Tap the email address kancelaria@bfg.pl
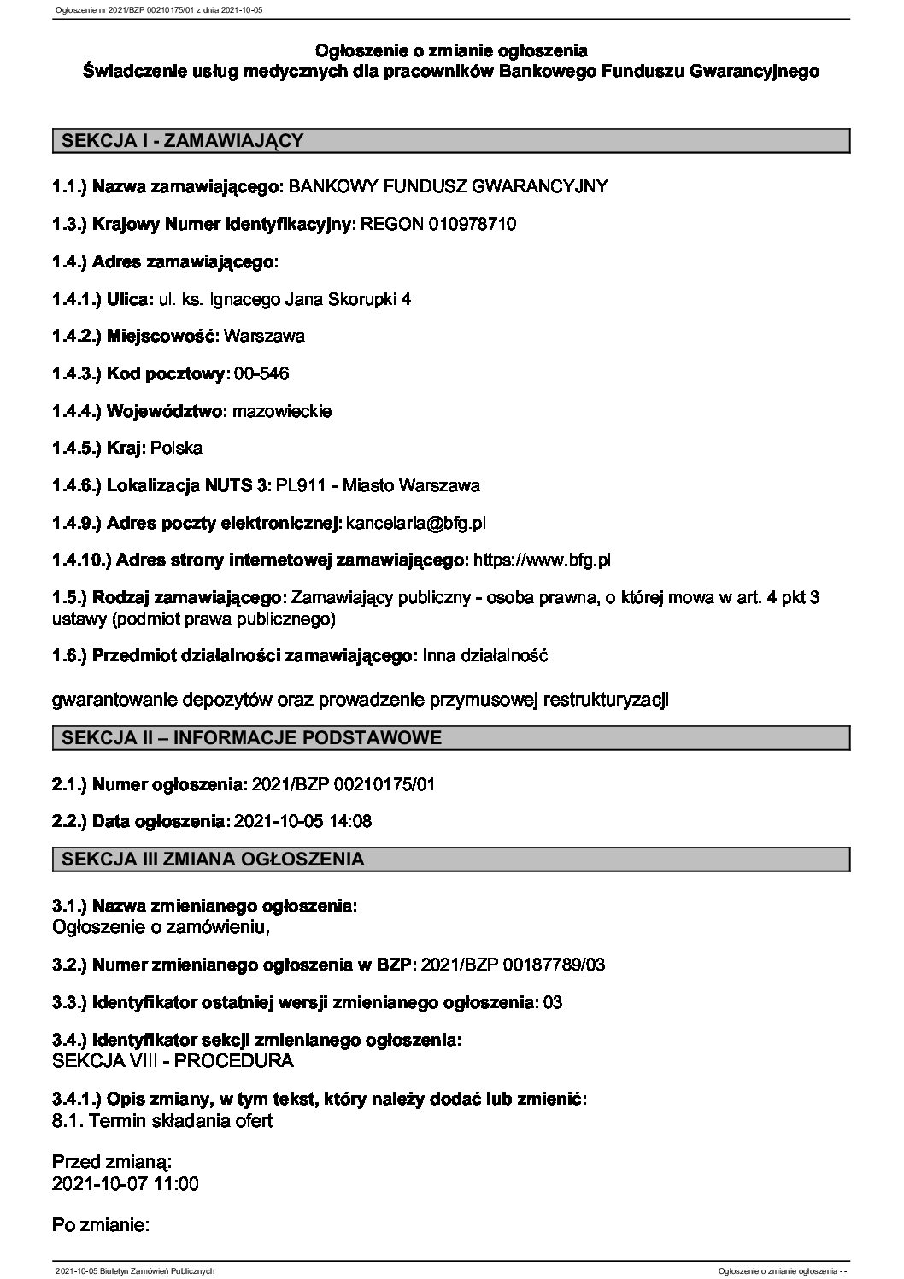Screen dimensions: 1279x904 click(x=417, y=522)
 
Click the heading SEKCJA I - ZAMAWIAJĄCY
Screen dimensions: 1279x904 click(x=179, y=141)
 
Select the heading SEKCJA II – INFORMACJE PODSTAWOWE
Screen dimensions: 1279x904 click(x=248, y=738)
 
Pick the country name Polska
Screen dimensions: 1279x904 click(x=176, y=448)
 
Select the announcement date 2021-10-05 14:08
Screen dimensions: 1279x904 click(x=302, y=821)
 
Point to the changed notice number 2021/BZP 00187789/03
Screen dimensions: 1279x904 click(x=514, y=965)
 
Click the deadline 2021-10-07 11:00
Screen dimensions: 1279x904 click(x=126, y=1184)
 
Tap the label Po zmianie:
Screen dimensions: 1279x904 click(x=102, y=1226)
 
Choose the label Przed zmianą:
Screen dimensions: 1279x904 click(x=112, y=1162)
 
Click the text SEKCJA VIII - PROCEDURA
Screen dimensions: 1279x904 click(x=173, y=1061)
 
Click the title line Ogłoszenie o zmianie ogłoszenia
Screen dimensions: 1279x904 click(x=451, y=51)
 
